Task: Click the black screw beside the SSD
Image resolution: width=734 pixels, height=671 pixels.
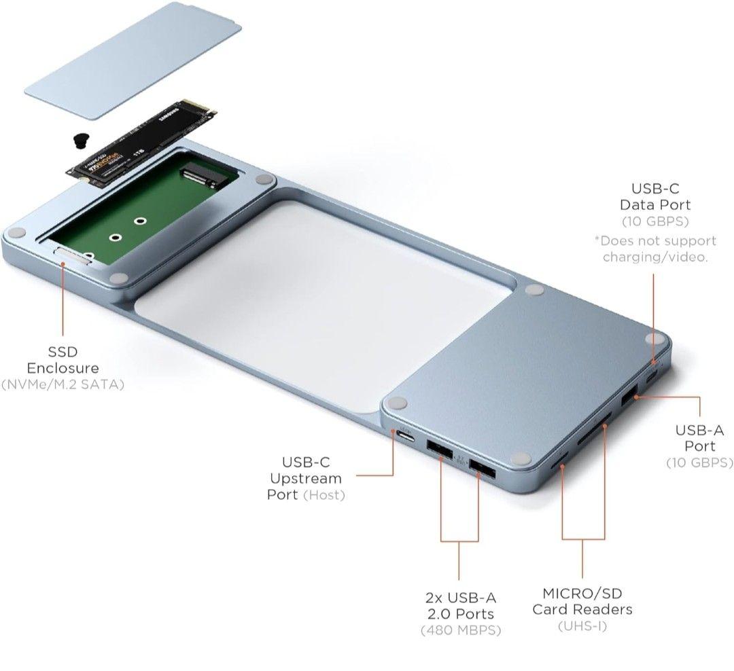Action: pos(80,141)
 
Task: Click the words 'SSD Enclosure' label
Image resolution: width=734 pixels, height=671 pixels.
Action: pos(63,360)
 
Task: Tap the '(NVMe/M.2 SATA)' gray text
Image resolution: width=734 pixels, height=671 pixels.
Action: pos(63,385)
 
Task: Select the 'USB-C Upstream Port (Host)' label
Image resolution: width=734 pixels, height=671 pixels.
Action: pos(306,478)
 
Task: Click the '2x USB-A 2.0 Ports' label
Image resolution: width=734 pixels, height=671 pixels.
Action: pos(461,606)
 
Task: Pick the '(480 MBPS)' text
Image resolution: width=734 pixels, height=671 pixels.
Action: pos(461,631)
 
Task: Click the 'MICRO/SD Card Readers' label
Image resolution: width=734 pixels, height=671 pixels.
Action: pos(582,601)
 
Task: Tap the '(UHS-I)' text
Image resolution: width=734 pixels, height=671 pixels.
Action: pos(582,626)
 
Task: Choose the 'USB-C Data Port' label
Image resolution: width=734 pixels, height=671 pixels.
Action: pos(654,196)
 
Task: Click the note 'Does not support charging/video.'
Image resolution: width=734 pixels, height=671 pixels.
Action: pos(654,249)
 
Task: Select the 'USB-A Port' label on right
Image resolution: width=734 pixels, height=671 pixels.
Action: pos(699,438)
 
